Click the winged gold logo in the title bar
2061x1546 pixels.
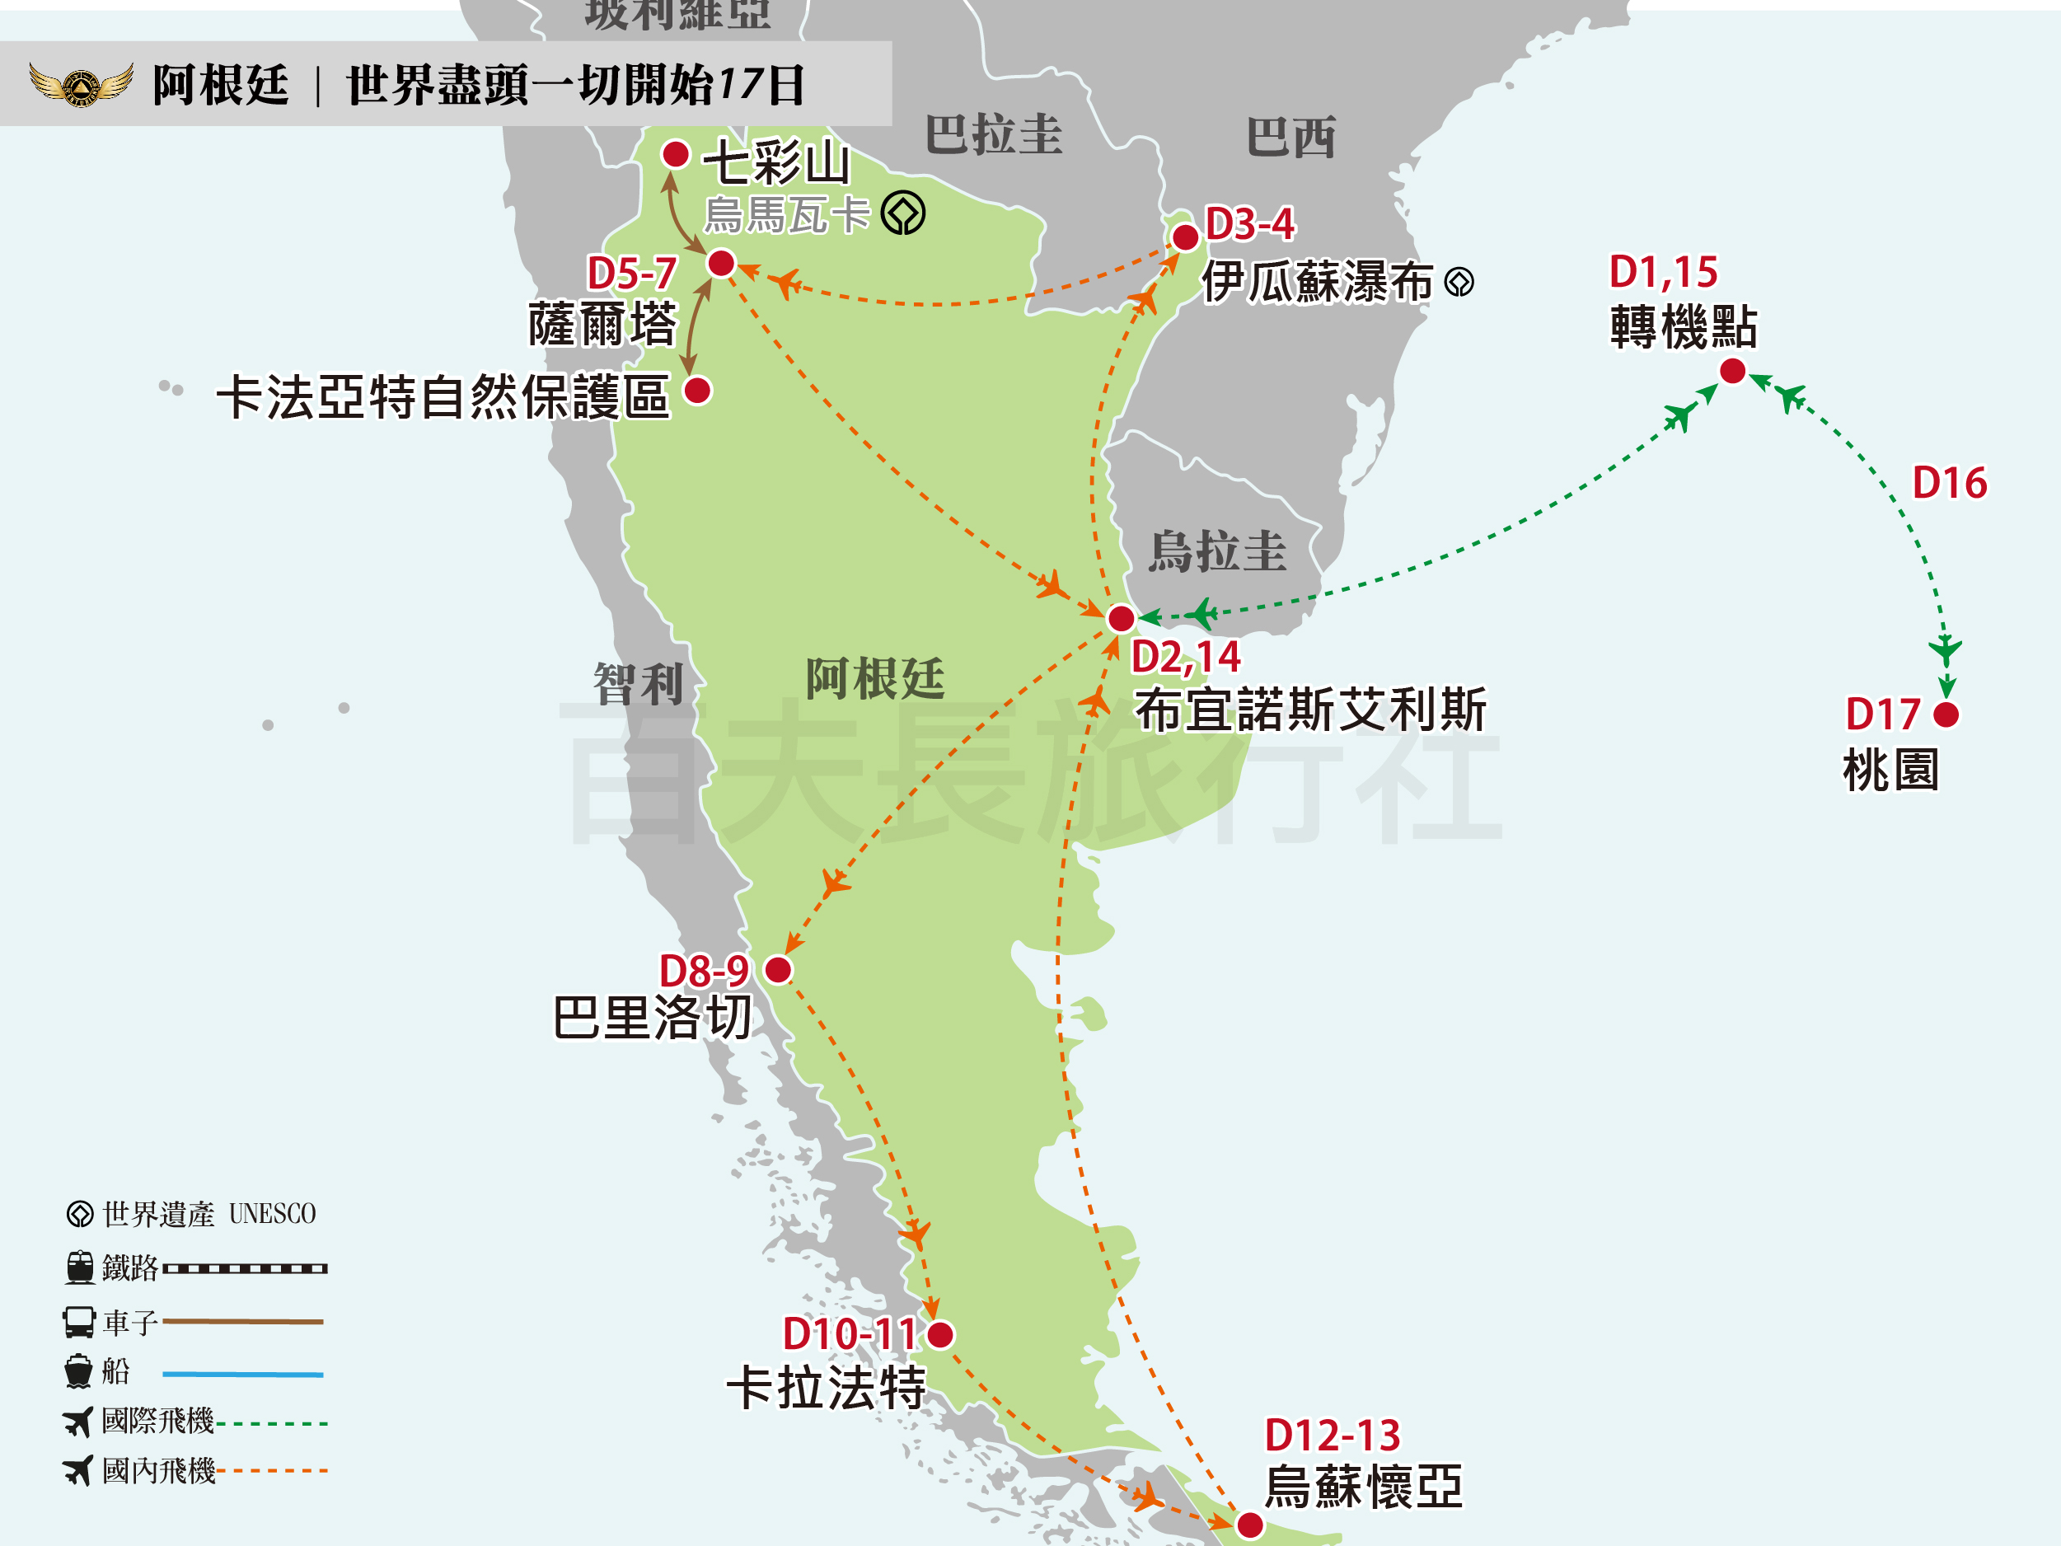click(x=80, y=85)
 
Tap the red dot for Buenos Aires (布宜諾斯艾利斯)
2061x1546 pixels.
click(x=1121, y=618)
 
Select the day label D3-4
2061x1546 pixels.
click(x=1249, y=223)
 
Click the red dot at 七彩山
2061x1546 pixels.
click(x=676, y=154)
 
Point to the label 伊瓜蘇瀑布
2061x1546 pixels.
click(x=1317, y=282)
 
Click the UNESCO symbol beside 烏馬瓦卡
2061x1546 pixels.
click(x=903, y=213)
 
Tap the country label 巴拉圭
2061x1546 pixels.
click(x=993, y=134)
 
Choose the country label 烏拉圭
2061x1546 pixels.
click(x=1217, y=550)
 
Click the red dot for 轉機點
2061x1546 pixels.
click(x=1732, y=371)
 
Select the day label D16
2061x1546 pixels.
click(x=1949, y=483)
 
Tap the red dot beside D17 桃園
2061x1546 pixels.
click(x=1946, y=714)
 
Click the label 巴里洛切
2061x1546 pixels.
click(x=652, y=1017)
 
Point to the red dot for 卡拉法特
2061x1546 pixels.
click(x=941, y=1334)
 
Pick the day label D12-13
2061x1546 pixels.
click(x=1332, y=1435)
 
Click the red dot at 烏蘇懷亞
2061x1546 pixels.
click(x=1249, y=1525)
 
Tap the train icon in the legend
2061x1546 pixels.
click(x=80, y=1267)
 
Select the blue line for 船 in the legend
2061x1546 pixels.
click(x=242, y=1374)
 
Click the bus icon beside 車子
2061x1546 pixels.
click(x=79, y=1321)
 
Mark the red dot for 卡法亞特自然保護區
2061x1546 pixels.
click(x=698, y=391)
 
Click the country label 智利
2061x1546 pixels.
click(x=639, y=685)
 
